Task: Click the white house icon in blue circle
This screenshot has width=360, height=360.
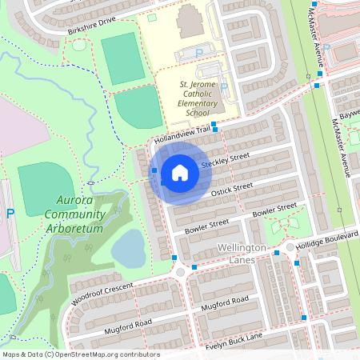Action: [180, 173]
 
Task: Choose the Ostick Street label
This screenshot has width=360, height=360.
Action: [231, 189]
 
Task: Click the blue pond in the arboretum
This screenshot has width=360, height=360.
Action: [129, 250]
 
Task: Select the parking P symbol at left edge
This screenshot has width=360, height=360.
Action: [10, 214]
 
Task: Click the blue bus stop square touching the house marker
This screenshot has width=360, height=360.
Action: [154, 170]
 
